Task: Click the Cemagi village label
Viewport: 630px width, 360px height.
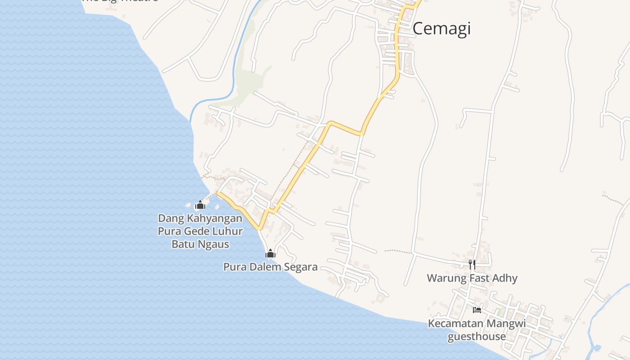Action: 441,28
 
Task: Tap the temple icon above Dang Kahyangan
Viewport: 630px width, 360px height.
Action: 200,205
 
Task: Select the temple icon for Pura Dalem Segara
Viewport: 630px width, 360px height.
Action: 270,254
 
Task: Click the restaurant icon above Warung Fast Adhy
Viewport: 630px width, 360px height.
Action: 472,264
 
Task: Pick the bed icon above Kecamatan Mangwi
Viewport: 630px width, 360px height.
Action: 477,310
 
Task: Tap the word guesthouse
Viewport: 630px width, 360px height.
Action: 477,336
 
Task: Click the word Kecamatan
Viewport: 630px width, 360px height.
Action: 456,324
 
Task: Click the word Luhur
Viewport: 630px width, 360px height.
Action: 227,231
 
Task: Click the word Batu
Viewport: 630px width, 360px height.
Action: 182,244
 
